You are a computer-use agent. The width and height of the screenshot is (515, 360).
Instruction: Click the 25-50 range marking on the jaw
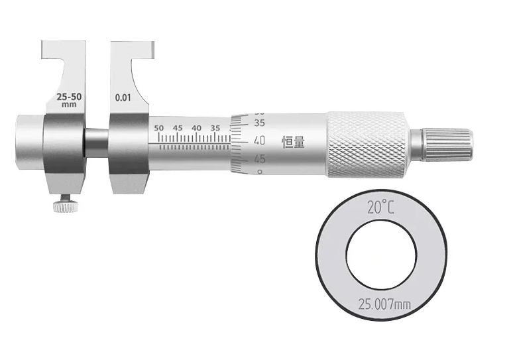pyautogui.click(x=69, y=97)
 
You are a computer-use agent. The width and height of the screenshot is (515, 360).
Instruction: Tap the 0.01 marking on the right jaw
pyautogui.click(x=123, y=97)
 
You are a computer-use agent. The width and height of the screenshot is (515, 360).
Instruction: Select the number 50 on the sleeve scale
pyautogui.click(x=159, y=128)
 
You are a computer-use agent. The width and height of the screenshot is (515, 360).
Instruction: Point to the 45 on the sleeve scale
pyautogui.click(x=178, y=128)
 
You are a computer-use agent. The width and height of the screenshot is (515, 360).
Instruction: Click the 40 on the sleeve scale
pyautogui.click(x=196, y=128)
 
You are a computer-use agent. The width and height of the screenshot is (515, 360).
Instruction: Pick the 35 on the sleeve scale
pyautogui.click(x=215, y=128)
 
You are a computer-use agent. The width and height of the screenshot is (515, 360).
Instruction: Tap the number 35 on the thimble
pyautogui.click(x=259, y=123)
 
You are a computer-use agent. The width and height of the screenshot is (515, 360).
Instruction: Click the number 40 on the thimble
pyautogui.click(x=259, y=141)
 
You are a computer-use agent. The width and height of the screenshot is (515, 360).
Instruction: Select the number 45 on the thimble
pyautogui.click(x=259, y=159)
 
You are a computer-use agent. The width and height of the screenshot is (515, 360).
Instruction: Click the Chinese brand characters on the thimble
pyautogui.click(x=294, y=143)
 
